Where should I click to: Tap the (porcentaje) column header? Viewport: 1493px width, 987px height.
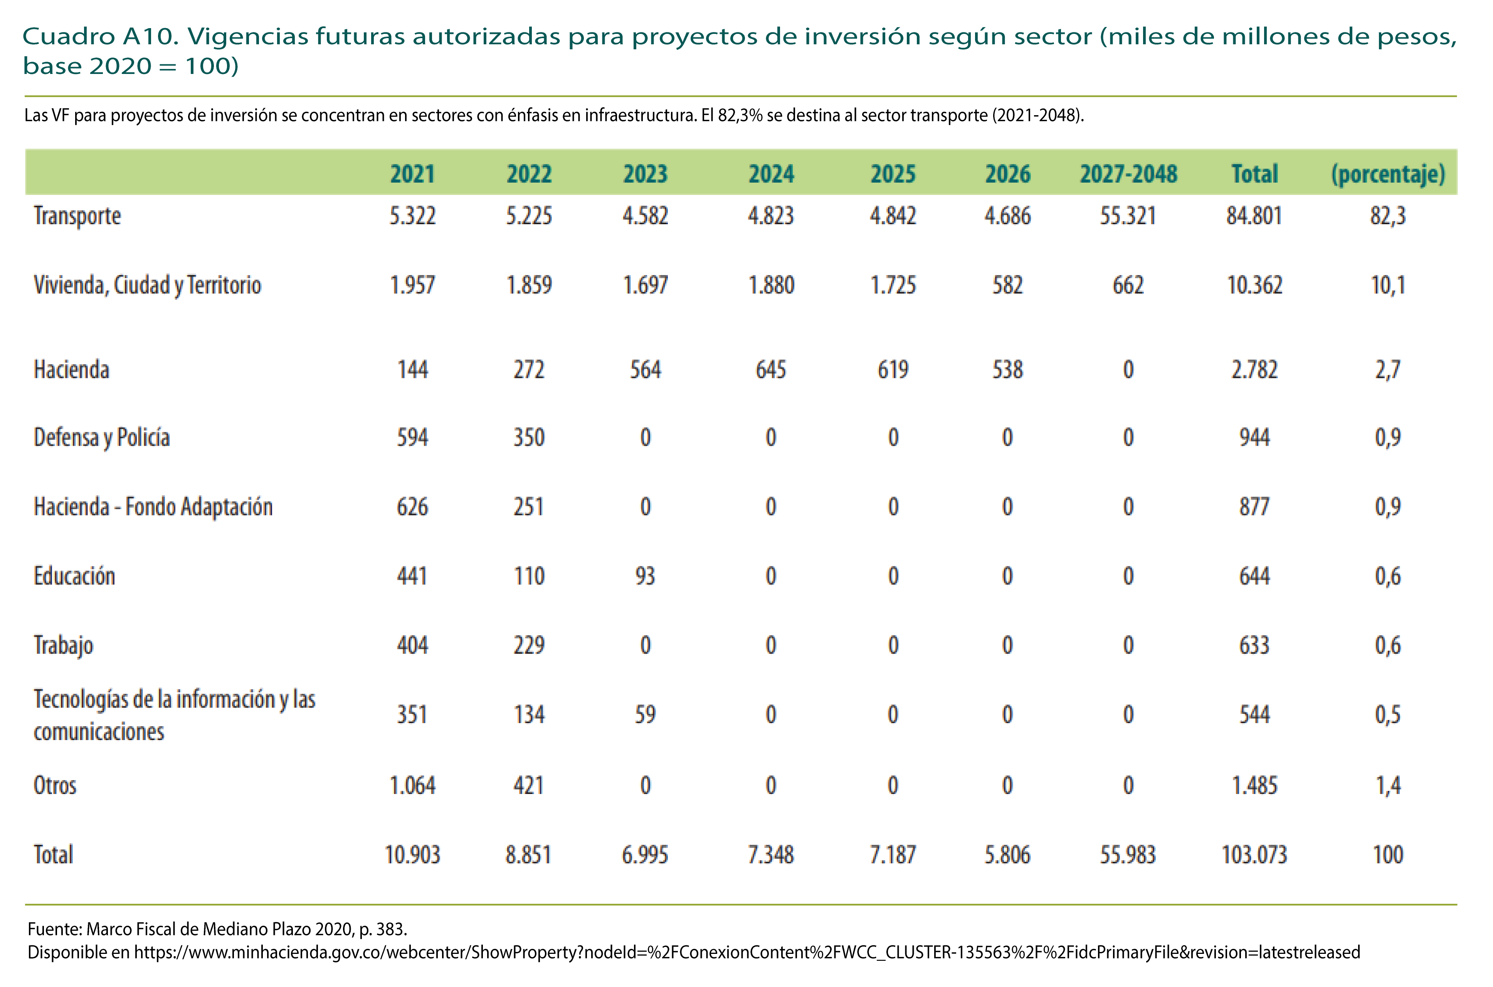[1387, 174]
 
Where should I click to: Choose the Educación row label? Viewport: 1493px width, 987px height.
[74, 576]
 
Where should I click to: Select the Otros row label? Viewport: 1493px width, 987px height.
[55, 785]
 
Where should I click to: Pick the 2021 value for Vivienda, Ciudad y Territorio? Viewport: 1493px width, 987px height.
[412, 285]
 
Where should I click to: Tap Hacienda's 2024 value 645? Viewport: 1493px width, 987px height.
[771, 369]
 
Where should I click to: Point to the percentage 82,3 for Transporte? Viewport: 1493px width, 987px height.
[1387, 216]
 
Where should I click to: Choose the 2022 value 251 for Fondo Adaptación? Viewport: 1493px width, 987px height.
[529, 507]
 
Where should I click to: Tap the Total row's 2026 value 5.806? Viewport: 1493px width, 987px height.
[1007, 855]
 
